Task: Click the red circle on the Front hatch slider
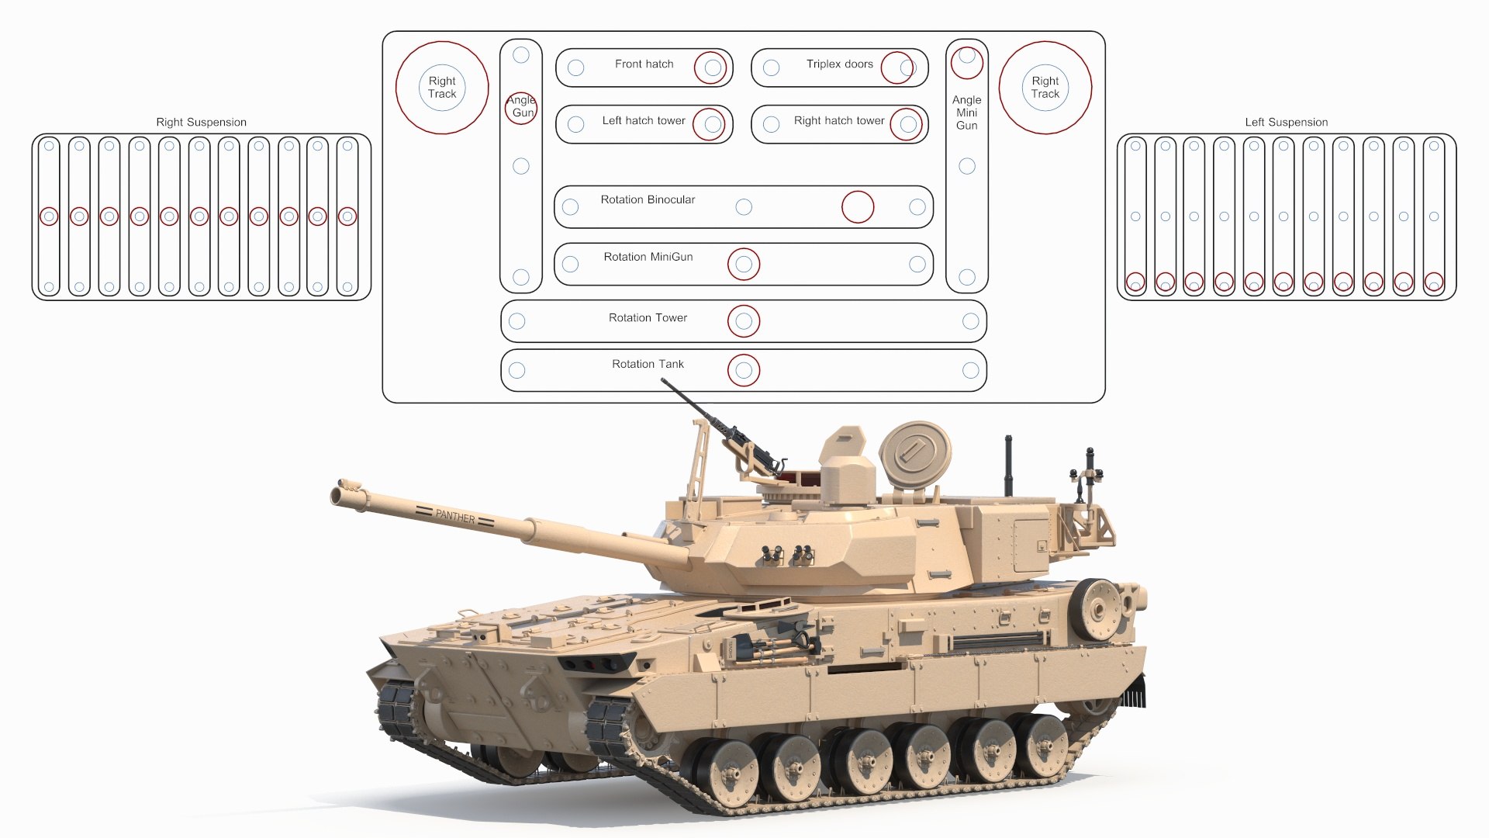[710, 68]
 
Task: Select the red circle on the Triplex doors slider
[897, 68]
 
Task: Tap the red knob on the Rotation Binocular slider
[858, 207]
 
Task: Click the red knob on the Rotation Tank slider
[744, 371]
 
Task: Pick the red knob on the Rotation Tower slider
[744, 321]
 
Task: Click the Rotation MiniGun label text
[648, 257]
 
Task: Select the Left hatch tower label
[644, 121]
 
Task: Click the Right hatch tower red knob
[906, 124]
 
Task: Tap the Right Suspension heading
[201, 122]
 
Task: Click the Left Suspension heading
[1287, 122]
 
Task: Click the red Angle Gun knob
[520, 108]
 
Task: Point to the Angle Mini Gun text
[967, 113]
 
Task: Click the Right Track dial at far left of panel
[442, 87]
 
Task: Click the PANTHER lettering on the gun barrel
[455, 516]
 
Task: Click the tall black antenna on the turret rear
[1008, 466]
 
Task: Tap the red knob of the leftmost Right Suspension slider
[49, 216]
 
